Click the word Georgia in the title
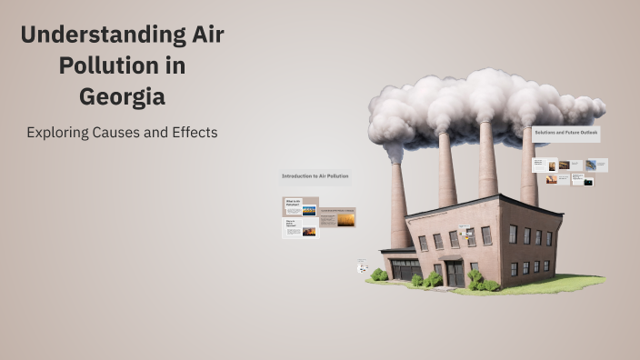[122, 95]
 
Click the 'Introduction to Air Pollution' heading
[315, 175]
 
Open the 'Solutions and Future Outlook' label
[566, 133]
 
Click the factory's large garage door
[405, 268]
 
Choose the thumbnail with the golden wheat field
[346, 218]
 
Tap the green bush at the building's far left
[378, 274]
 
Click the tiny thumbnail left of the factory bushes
[362, 266]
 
